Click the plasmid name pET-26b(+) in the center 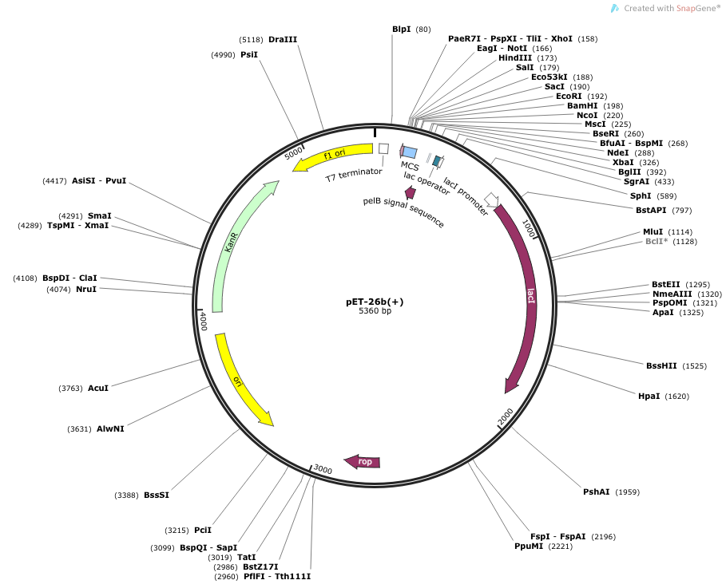tap(375, 302)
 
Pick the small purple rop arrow tap(363, 462)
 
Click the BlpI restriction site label tap(402, 30)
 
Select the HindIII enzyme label tap(516, 58)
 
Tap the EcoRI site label tap(570, 96)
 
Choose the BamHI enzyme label tap(582, 105)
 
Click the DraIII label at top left tap(283, 39)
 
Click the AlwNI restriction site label tap(110, 428)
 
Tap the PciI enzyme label tap(203, 530)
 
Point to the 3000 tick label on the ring tap(323, 470)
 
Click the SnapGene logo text tap(675, 8)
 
